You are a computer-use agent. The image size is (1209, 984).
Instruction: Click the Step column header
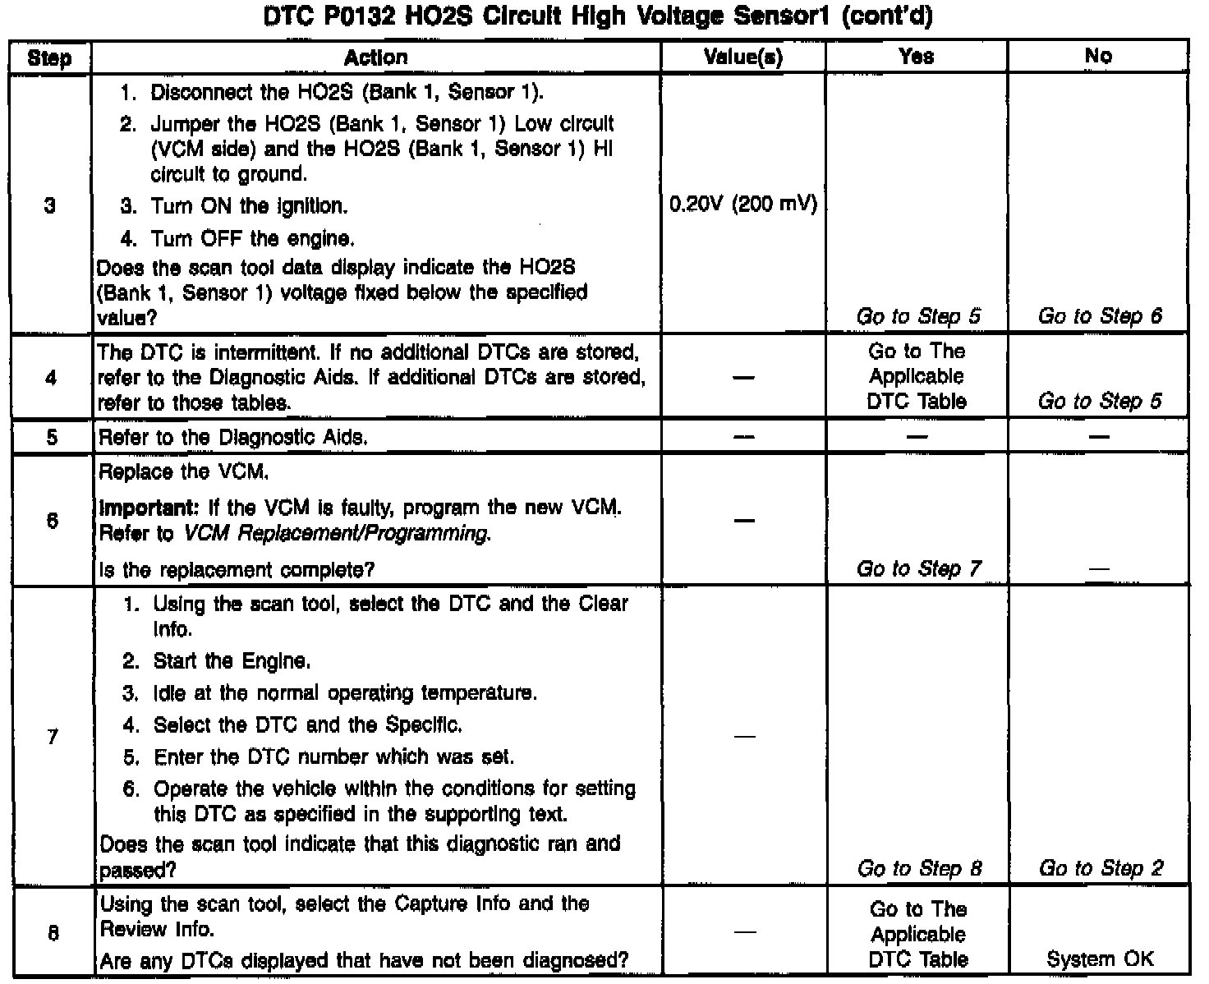point(49,57)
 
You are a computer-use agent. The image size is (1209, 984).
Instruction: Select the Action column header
point(375,57)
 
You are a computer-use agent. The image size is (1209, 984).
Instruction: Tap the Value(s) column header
point(743,57)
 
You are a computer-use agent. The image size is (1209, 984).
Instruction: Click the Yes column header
point(916,57)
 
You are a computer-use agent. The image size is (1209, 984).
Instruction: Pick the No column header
point(1098,57)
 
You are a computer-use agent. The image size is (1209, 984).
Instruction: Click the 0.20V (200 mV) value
point(743,205)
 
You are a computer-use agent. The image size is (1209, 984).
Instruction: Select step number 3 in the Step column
point(50,205)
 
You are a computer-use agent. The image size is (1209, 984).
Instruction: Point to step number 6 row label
point(52,520)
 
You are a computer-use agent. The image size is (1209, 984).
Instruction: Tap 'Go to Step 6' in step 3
point(1100,316)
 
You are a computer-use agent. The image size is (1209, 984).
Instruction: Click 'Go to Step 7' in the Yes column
point(918,568)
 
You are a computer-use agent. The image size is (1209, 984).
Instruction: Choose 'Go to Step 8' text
point(919,868)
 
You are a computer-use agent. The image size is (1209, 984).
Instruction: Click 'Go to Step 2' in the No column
point(1101,868)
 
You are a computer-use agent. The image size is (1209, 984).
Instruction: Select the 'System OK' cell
point(1100,959)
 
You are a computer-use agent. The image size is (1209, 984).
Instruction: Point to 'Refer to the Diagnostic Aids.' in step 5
point(232,438)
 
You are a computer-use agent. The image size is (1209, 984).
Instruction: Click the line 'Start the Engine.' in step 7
point(232,661)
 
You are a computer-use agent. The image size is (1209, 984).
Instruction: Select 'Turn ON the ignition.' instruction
point(248,206)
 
